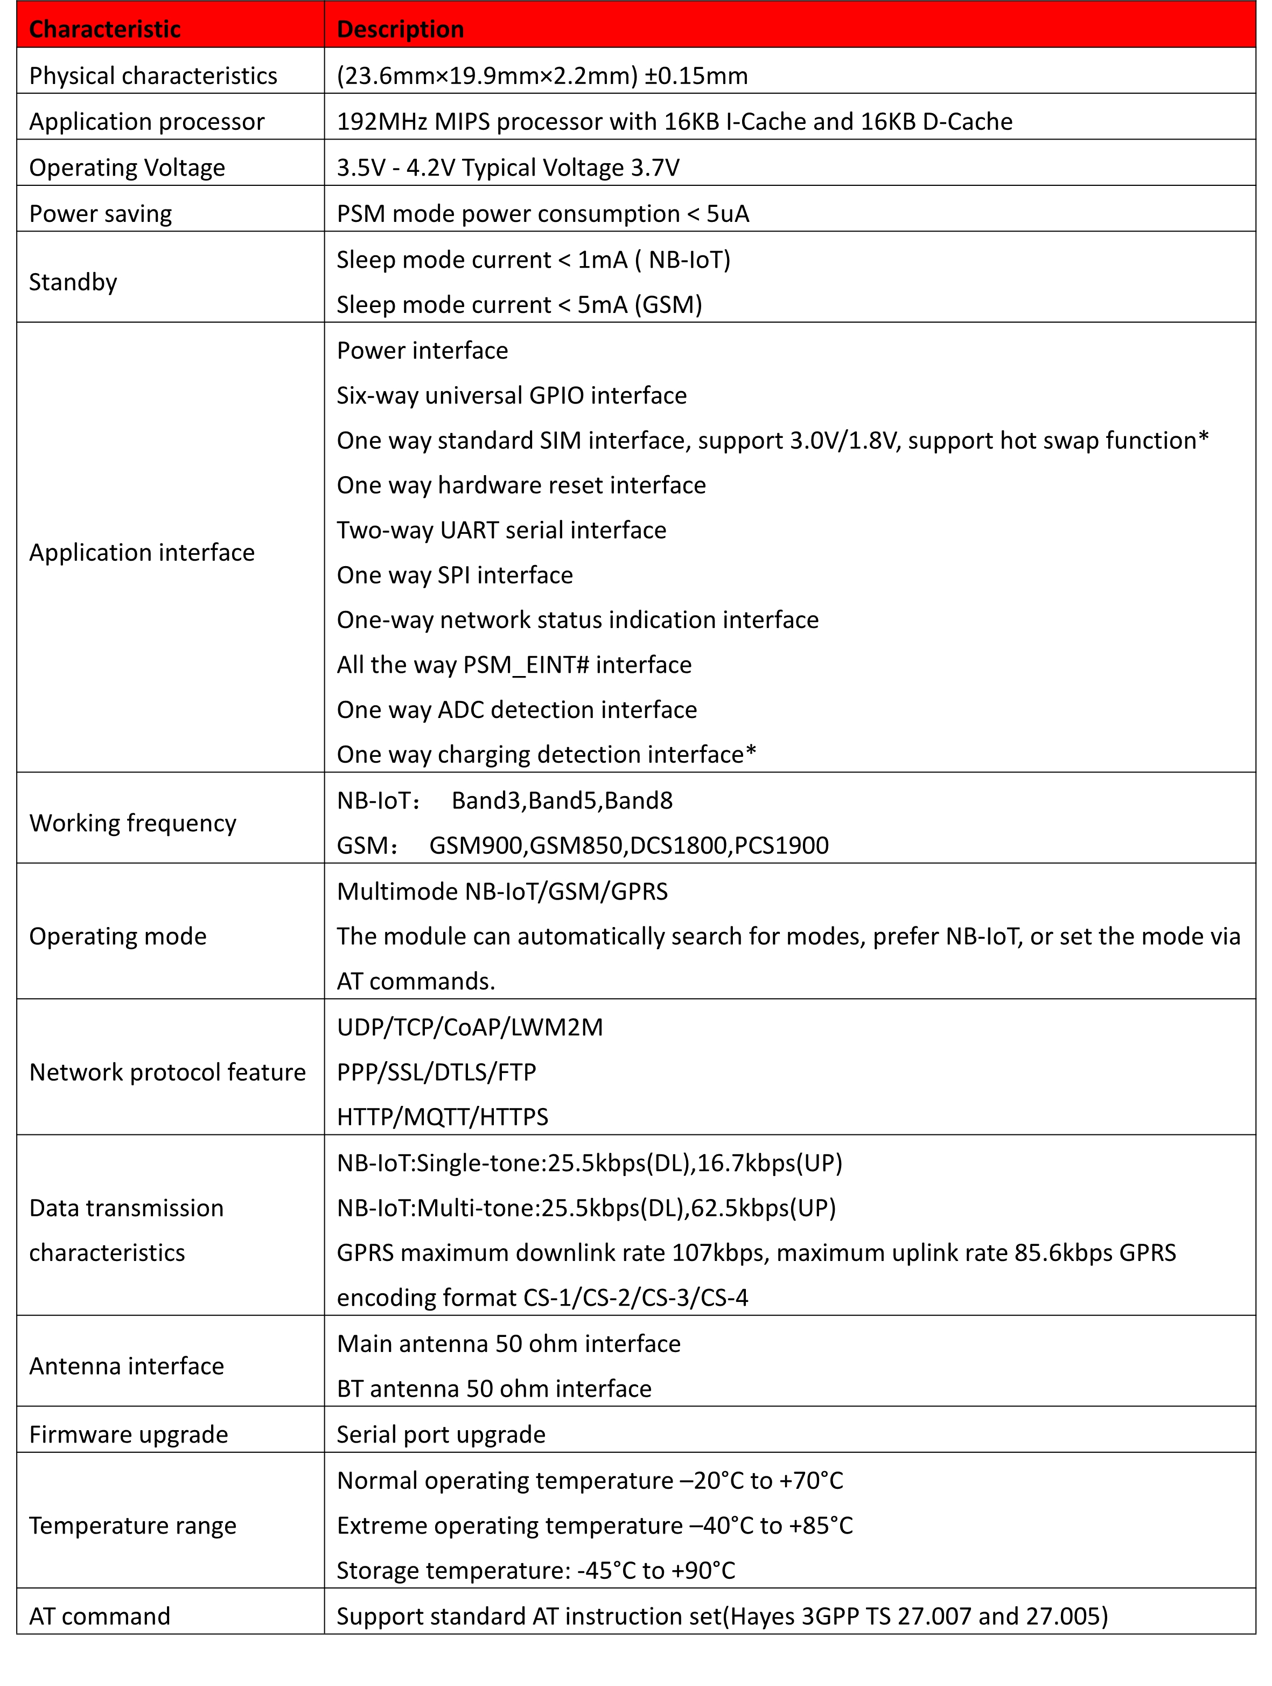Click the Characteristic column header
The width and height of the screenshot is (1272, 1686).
(104, 29)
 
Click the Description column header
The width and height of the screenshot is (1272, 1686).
(400, 29)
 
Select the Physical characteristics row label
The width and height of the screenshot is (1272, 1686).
(152, 75)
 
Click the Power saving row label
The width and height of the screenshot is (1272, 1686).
(101, 213)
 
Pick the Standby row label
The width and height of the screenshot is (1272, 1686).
(73, 282)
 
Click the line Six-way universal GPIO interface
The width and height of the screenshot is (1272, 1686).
(512, 395)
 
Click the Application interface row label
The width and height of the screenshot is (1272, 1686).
(142, 553)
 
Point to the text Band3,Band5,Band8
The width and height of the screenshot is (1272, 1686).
(562, 801)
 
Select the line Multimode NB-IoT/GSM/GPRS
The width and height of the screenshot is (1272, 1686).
(502, 892)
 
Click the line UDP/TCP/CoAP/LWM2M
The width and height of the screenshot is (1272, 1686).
(470, 1027)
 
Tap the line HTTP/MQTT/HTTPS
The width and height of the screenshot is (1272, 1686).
(442, 1117)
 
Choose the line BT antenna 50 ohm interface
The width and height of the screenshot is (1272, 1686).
(494, 1389)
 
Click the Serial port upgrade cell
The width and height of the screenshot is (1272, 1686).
(441, 1434)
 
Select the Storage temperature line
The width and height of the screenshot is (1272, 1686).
(536, 1570)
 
